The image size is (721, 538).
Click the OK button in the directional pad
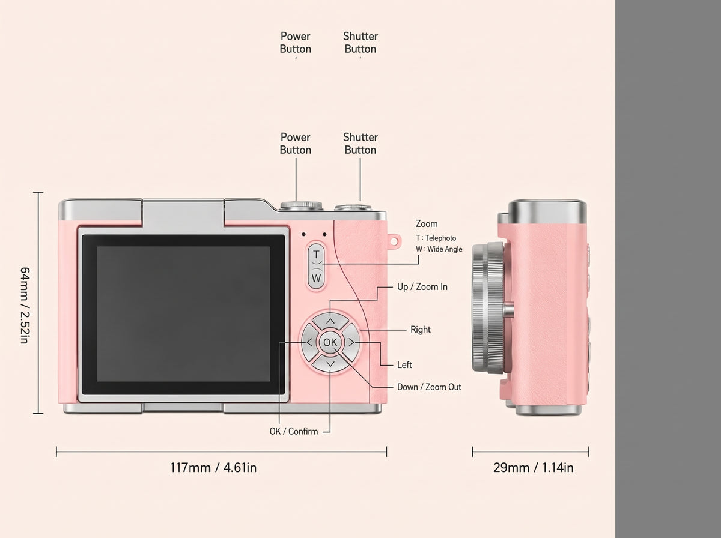[x=330, y=342]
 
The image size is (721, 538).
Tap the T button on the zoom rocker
[x=316, y=255]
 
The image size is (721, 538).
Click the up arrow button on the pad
[x=330, y=321]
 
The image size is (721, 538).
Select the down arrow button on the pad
[x=330, y=364]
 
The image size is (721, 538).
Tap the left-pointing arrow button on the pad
[x=309, y=343]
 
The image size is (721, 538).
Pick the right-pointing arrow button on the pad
[x=351, y=343]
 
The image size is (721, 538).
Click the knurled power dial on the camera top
[x=301, y=205]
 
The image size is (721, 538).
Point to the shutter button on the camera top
[x=353, y=207]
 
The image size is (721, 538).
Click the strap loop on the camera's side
[x=394, y=241]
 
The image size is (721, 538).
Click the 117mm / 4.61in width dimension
[x=213, y=467]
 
